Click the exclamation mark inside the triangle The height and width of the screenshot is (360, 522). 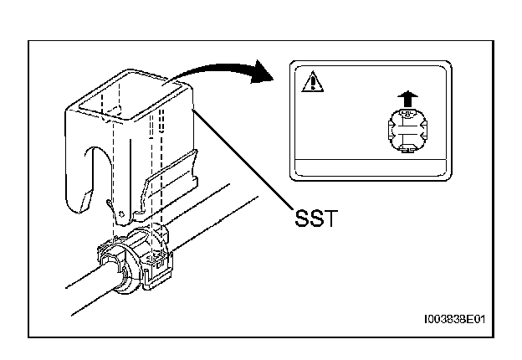[x=309, y=84]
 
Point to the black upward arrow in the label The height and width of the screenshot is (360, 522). [x=407, y=99]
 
